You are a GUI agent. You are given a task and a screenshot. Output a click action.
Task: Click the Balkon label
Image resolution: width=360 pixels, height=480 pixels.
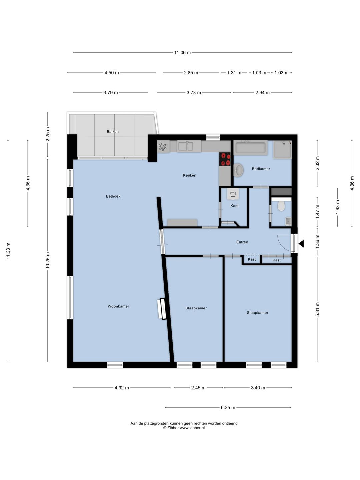(x=113, y=131)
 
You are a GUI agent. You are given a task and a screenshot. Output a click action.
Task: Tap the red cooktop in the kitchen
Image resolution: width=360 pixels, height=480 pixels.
(x=225, y=159)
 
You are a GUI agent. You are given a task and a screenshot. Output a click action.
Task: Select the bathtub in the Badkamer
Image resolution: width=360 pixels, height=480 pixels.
(x=251, y=148)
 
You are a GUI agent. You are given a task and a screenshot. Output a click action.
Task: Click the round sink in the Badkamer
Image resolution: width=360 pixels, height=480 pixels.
(x=238, y=170)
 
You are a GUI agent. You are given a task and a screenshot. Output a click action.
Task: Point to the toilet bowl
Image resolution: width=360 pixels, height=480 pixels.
(x=281, y=206)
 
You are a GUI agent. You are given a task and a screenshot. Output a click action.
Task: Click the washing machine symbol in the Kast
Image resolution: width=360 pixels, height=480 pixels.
(x=233, y=194)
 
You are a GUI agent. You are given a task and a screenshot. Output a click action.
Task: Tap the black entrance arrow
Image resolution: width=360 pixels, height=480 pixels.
(x=301, y=243)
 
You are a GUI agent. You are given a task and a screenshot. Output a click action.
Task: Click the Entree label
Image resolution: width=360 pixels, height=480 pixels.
(x=242, y=242)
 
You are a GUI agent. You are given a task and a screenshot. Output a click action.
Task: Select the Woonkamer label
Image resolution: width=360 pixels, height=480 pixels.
(x=118, y=306)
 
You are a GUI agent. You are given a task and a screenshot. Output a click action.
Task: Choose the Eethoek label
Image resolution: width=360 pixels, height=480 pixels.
(x=113, y=196)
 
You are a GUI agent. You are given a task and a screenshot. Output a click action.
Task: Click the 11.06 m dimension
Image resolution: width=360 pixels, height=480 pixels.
(x=182, y=52)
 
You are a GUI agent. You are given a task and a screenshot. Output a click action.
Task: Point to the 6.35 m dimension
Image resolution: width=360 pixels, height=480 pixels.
(x=228, y=407)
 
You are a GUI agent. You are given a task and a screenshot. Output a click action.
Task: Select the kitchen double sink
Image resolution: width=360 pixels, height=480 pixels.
(x=186, y=146)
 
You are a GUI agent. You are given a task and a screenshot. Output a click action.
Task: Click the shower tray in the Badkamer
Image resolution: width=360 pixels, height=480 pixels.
(x=282, y=150)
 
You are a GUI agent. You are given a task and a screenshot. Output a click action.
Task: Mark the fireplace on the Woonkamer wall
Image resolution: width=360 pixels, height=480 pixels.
(x=162, y=309)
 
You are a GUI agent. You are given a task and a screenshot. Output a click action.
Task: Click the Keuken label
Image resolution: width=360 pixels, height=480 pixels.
(x=190, y=175)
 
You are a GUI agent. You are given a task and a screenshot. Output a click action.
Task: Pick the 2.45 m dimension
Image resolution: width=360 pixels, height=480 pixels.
(x=198, y=388)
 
